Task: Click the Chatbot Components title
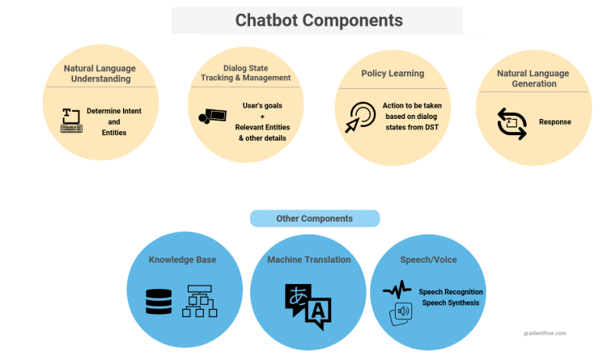(x=318, y=19)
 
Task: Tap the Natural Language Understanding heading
(x=100, y=74)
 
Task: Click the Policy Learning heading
(x=392, y=74)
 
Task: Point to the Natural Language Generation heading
(x=533, y=78)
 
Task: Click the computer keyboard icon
(x=72, y=120)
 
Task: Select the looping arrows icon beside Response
(x=511, y=123)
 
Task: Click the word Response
(x=554, y=122)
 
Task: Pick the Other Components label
(x=314, y=218)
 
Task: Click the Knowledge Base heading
(x=182, y=260)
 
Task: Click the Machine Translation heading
(x=308, y=260)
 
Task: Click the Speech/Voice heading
(x=429, y=260)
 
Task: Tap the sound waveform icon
(x=397, y=289)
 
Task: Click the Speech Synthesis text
(x=451, y=303)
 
